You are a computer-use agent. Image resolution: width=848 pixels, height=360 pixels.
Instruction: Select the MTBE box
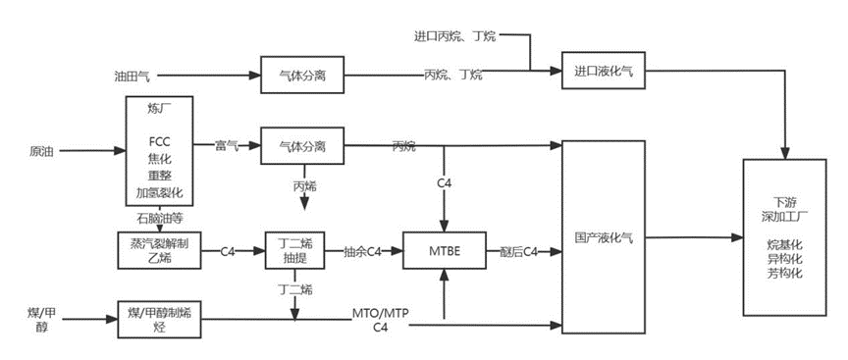(446, 252)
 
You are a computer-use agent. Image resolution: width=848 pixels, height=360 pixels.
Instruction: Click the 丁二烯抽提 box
(293, 251)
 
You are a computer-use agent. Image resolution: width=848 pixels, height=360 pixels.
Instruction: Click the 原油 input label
(41, 151)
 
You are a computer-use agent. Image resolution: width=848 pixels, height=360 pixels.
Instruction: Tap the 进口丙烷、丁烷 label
(454, 36)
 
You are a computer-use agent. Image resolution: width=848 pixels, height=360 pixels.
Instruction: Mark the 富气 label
(228, 145)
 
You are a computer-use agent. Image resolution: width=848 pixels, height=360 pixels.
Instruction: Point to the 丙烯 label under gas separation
(304, 183)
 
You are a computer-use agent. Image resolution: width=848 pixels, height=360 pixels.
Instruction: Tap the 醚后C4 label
(517, 252)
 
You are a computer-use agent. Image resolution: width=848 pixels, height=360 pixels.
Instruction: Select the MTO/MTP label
(379, 313)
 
